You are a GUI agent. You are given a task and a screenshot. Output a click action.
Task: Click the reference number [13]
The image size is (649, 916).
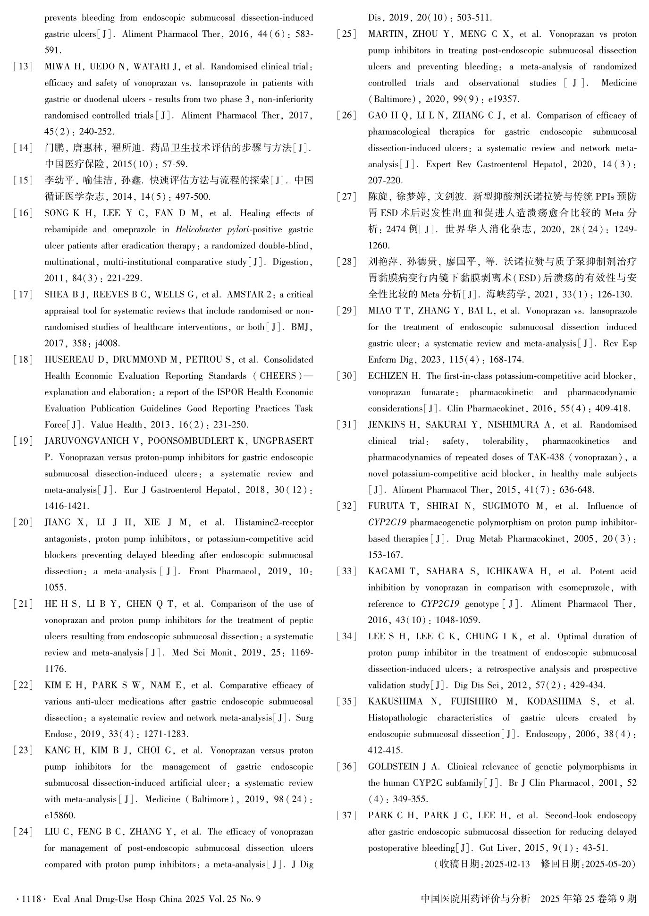pos(23,67)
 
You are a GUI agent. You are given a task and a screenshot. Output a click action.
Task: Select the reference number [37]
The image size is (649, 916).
pos(346,815)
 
